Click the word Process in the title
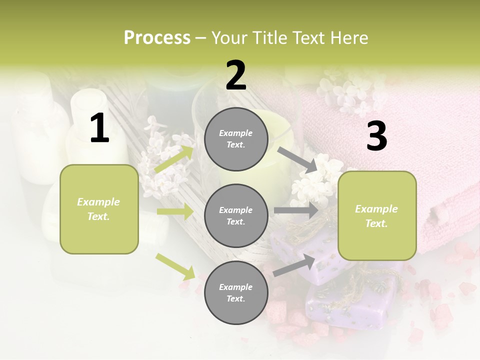[x=157, y=38]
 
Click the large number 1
[x=99, y=128]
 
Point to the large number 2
[x=236, y=75]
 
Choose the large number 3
[x=376, y=136]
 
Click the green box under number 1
[x=99, y=209]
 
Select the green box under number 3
[x=377, y=216]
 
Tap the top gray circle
[x=236, y=139]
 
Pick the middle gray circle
[x=236, y=215]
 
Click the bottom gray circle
[x=236, y=292]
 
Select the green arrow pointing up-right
[x=174, y=159]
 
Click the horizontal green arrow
[x=175, y=212]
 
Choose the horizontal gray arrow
[x=296, y=210]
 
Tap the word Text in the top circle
[x=236, y=145]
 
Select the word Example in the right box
[x=376, y=209]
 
